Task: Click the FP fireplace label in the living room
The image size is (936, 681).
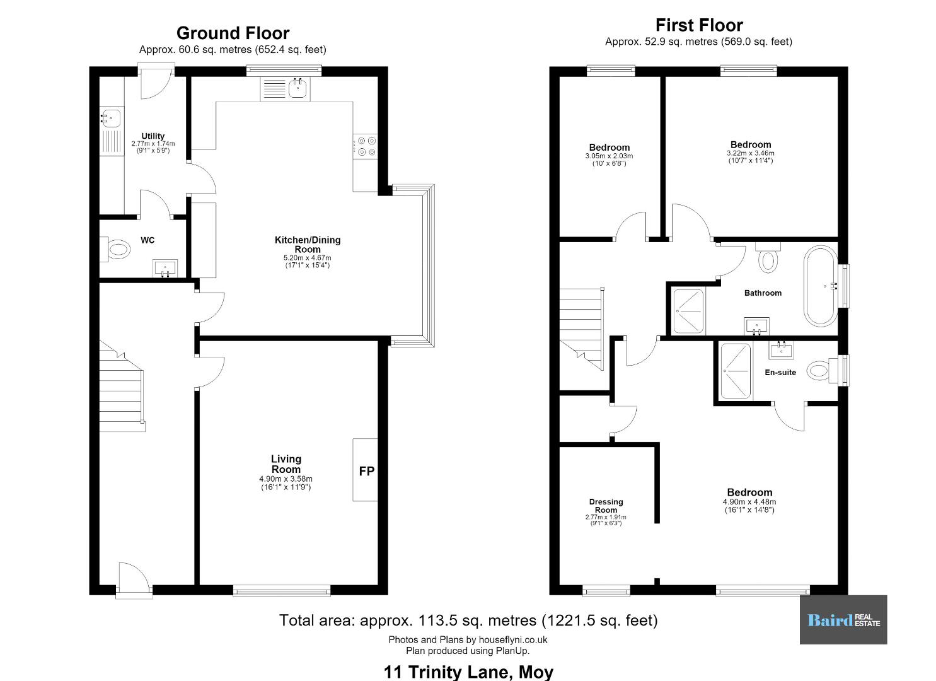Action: [366, 471]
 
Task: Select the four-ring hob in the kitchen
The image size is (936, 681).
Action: [366, 146]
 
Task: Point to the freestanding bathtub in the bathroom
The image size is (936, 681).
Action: [821, 286]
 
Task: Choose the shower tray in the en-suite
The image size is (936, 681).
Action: [736, 371]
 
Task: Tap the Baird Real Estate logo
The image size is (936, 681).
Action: [843, 620]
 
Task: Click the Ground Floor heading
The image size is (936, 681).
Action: [233, 33]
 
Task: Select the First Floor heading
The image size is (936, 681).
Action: [699, 25]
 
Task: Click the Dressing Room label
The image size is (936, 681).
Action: [606, 506]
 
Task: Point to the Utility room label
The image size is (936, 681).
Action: [153, 136]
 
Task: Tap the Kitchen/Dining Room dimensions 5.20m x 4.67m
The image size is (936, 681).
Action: [307, 258]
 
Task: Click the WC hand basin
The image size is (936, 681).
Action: [165, 268]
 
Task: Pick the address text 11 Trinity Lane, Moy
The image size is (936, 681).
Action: [468, 672]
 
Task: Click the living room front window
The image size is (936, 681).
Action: [282, 590]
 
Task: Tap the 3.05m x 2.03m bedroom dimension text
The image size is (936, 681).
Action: [609, 156]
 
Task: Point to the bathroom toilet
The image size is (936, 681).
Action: [768, 257]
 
